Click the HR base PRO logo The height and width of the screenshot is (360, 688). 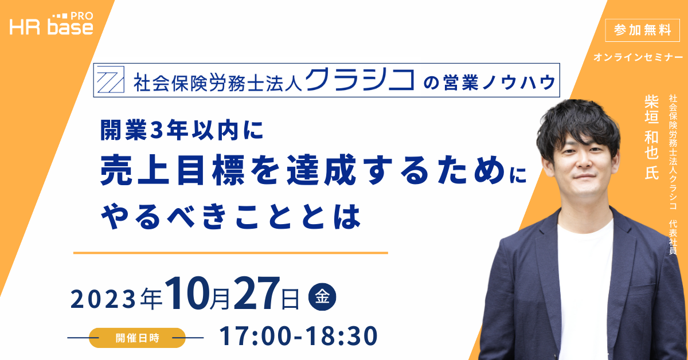click(x=51, y=24)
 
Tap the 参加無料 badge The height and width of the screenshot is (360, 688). click(x=642, y=30)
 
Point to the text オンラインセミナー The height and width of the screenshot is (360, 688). click(x=638, y=57)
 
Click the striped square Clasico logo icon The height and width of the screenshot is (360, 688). click(x=111, y=80)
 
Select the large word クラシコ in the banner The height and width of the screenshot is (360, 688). click(x=360, y=80)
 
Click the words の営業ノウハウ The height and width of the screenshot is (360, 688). click(x=490, y=83)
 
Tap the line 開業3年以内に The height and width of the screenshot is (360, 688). click(x=182, y=130)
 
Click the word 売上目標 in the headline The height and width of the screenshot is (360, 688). click(x=172, y=170)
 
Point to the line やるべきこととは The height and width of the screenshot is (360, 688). click(x=231, y=217)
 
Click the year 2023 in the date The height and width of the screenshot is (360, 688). click(x=103, y=299)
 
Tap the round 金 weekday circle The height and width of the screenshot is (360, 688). click(x=322, y=297)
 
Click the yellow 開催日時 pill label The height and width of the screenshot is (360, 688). click(x=137, y=338)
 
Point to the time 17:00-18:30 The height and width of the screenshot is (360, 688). click(x=298, y=336)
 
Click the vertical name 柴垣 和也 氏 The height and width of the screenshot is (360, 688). click(x=651, y=137)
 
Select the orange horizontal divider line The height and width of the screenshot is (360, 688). click(x=230, y=253)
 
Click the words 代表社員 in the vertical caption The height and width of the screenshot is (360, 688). click(x=673, y=237)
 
